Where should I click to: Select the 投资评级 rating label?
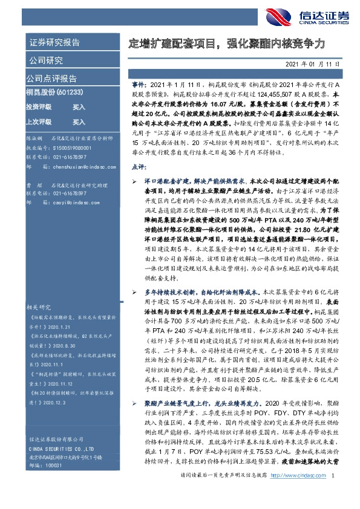(39, 106)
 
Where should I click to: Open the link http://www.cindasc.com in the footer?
(296, 494)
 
